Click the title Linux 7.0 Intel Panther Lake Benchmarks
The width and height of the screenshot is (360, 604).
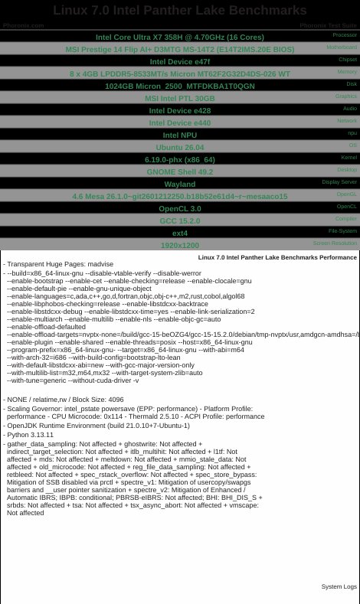tap(180, 11)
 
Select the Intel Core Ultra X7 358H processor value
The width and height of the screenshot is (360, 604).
tap(180, 37)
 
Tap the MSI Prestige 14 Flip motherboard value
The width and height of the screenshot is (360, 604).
tap(180, 49)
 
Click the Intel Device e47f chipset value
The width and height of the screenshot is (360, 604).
tap(180, 61)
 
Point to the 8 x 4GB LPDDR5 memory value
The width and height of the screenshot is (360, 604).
tap(180, 73)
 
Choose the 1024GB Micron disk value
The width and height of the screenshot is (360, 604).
tap(180, 86)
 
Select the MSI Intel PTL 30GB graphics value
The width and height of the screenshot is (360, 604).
tap(180, 98)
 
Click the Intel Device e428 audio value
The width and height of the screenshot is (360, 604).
tap(180, 110)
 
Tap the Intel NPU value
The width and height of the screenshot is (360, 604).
tap(180, 135)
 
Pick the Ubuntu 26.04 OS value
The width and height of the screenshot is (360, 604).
tap(180, 147)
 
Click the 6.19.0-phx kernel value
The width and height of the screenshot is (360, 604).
tap(180, 159)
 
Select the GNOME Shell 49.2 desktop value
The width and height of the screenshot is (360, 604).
tap(180, 171)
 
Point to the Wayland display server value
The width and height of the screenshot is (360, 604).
tap(180, 184)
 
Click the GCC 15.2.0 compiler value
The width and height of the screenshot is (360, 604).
tap(180, 220)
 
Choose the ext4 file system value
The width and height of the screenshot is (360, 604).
tap(180, 233)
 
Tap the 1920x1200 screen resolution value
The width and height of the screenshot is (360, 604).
tap(180, 245)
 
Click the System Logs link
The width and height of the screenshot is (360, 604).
tap(339, 586)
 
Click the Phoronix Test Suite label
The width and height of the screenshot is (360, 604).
tap(328, 25)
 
